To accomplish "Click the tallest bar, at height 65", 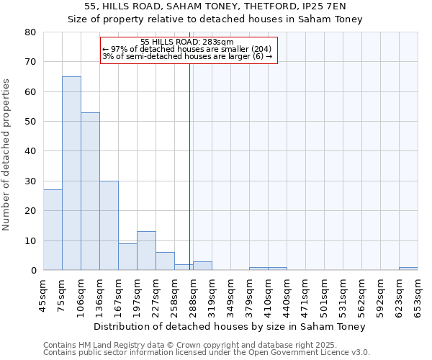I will [x=71, y=173].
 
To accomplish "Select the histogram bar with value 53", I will [x=90, y=191].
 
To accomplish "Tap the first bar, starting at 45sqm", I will [x=53, y=230].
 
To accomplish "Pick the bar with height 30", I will [x=109, y=225].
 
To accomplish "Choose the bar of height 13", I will [x=146, y=251].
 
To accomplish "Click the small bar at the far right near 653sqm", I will [x=408, y=269].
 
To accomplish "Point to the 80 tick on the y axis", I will [x=30, y=32].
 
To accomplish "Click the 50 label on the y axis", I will [x=30, y=122].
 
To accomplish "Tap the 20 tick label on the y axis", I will [x=30, y=211].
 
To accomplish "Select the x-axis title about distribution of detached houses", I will [x=230, y=326].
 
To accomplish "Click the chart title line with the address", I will [x=215, y=6].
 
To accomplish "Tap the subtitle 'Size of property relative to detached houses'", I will [x=215, y=19].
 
